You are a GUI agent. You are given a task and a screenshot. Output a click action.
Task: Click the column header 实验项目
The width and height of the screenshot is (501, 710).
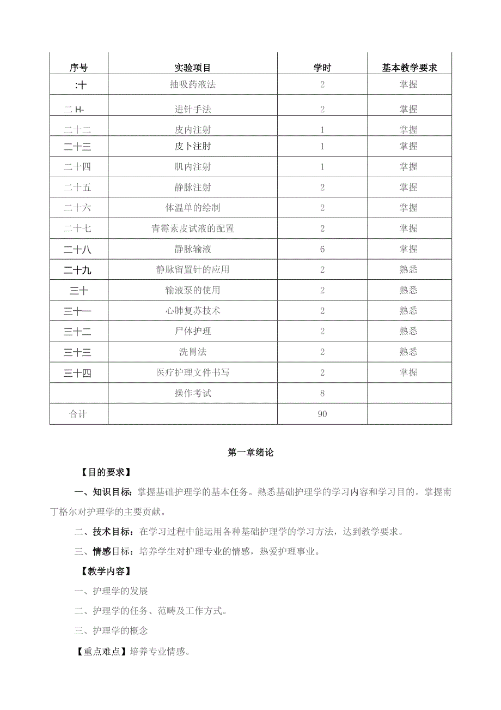(x=193, y=68)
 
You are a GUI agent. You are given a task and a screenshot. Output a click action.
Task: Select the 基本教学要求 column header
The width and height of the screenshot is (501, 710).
(x=409, y=68)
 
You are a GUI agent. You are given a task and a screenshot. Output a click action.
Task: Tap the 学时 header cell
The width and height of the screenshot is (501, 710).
(x=322, y=68)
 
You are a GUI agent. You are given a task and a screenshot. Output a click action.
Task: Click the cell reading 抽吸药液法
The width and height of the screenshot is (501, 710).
(x=193, y=85)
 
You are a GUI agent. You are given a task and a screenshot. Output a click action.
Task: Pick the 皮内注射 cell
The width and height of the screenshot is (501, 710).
(x=193, y=130)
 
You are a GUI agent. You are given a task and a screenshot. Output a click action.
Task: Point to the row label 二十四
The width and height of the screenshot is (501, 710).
(x=78, y=167)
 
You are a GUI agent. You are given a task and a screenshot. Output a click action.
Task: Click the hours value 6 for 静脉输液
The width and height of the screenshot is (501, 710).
(x=322, y=249)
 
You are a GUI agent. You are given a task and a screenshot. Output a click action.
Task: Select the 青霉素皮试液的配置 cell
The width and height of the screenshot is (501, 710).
(x=193, y=228)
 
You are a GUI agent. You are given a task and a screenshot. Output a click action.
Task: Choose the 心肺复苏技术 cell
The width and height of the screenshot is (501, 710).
(x=193, y=311)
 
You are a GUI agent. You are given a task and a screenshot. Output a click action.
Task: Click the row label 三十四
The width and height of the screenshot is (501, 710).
(x=78, y=372)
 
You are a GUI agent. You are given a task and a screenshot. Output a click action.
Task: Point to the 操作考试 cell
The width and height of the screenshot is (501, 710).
(x=193, y=393)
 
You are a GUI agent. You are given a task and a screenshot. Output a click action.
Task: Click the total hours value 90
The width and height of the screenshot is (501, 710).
(x=322, y=414)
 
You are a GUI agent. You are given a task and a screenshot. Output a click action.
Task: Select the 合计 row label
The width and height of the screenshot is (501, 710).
(x=78, y=414)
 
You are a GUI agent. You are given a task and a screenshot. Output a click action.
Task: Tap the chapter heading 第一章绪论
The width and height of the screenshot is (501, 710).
(x=250, y=453)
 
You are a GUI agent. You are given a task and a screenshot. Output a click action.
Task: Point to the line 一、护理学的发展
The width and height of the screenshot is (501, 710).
(x=111, y=591)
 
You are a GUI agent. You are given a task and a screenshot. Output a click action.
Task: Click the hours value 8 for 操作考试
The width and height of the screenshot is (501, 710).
(x=322, y=393)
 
